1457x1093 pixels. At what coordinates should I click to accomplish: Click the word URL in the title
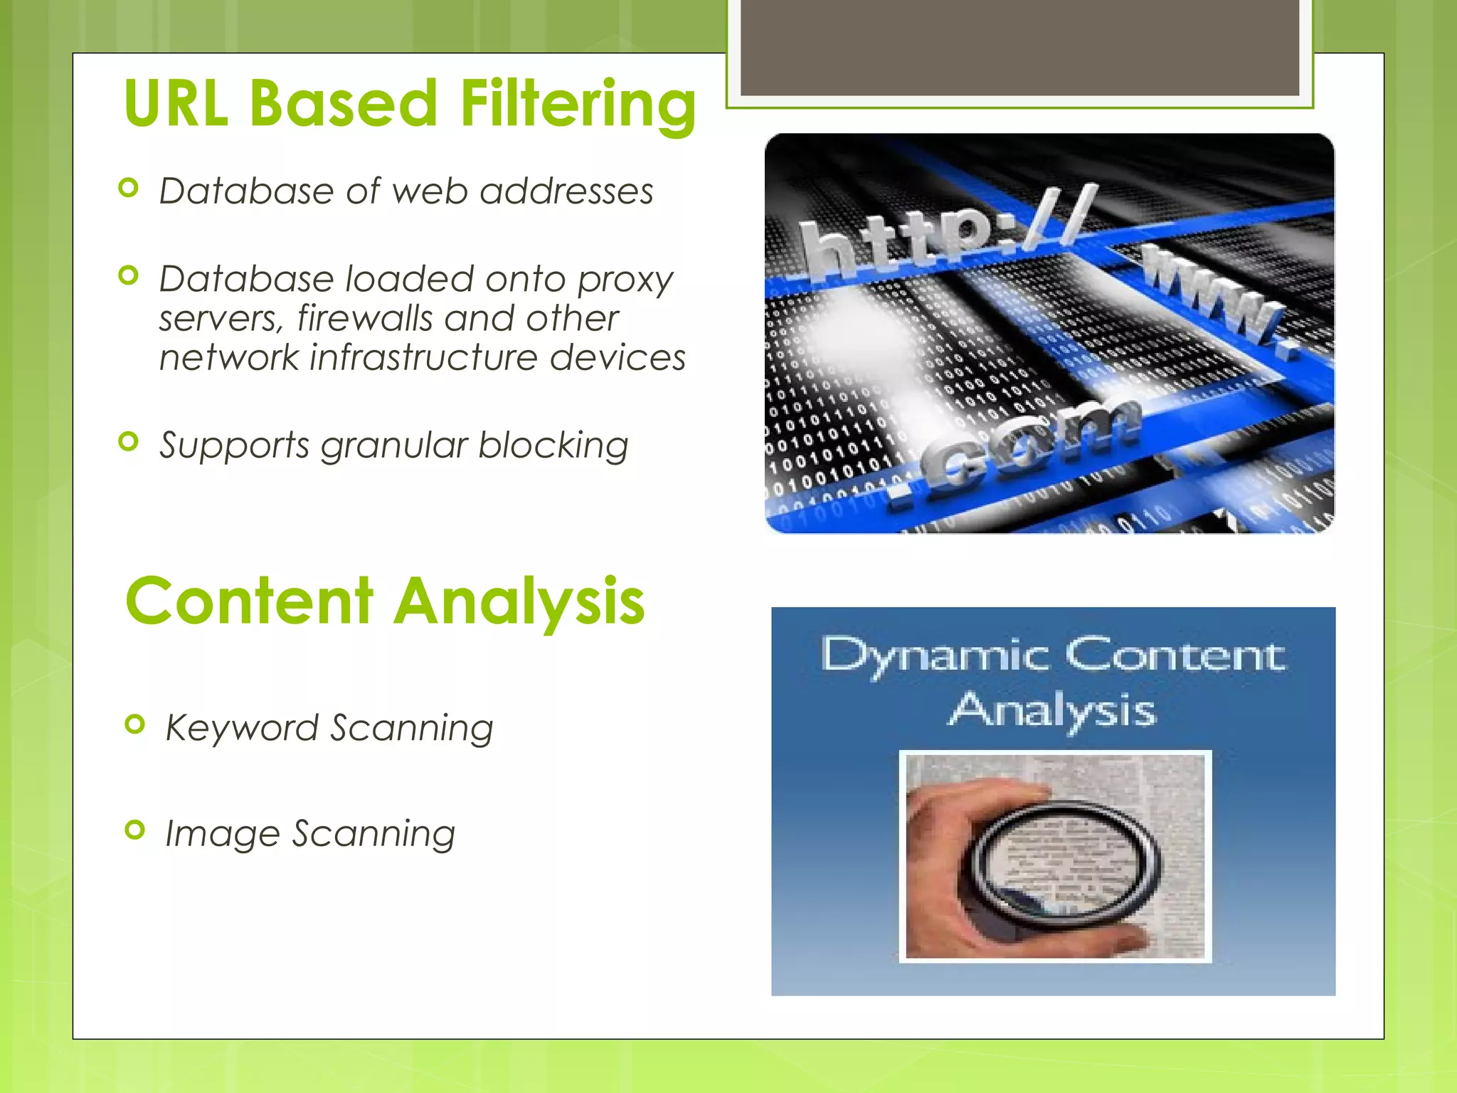coord(176,104)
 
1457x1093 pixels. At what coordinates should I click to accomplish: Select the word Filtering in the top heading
coord(578,105)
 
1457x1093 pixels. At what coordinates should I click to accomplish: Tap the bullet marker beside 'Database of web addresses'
coord(128,188)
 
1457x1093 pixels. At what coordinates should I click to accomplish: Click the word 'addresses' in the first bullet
coord(566,191)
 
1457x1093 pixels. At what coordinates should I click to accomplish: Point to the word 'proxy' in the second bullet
coord(625,280)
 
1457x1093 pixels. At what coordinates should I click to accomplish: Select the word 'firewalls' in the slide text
coord(364,318)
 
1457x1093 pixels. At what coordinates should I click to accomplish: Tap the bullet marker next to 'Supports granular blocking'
coord(128,442)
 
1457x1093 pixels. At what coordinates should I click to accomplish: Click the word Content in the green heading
coord(249,601)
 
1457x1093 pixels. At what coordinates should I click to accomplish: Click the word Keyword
coord(241,729)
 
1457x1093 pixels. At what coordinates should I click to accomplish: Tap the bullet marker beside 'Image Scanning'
coord(134,830)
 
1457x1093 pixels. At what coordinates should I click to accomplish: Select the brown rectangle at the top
coord(1019,46)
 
